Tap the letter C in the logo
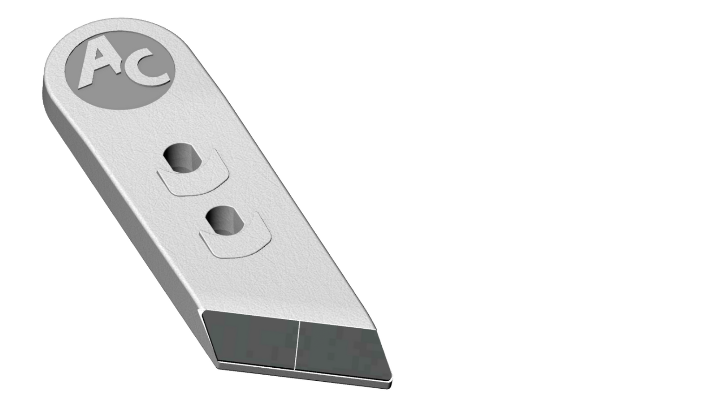tap(148, 69)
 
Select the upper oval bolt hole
tap(182, 158)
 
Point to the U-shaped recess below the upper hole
tap(193, 183)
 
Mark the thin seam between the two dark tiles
tap(296, 344)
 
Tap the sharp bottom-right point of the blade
tap(390, 385)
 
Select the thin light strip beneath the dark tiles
tap(302, 372)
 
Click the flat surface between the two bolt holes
tap(209, 196)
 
